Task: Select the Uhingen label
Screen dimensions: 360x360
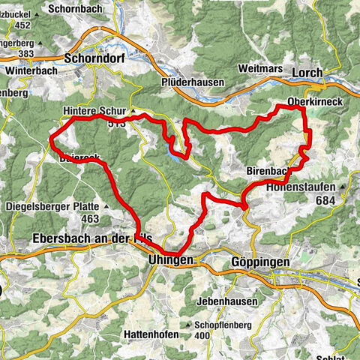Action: pos(166,259)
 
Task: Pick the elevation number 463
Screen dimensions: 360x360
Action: pos(91,218)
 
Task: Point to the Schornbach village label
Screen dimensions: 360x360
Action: pos(72,9)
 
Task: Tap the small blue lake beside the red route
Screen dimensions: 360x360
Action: pos(175,153)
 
